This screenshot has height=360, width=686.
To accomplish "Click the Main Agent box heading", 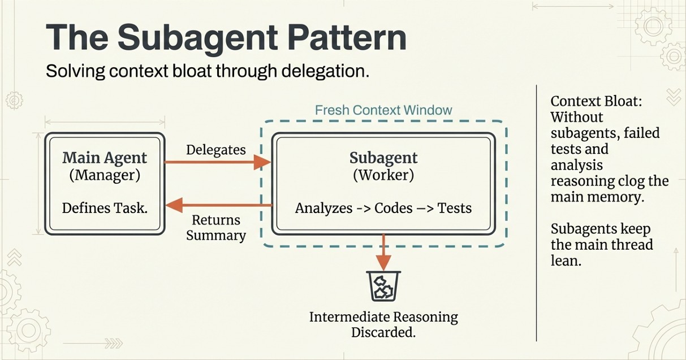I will click(105, 158).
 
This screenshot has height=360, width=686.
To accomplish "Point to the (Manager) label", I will click(105, 175).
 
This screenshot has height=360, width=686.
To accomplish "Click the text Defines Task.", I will click(105, 207).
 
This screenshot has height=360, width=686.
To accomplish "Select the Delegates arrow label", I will click(216, 150).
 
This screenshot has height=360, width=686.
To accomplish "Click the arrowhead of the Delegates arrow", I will click(262, 162).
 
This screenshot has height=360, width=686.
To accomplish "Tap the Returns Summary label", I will click(216, 228).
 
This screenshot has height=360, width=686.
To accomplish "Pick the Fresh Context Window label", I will click(383, 110).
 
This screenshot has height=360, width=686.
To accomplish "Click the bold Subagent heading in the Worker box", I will click(383, 158).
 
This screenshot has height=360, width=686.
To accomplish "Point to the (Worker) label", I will click(383, 175).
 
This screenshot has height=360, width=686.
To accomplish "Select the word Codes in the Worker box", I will click(394, 208).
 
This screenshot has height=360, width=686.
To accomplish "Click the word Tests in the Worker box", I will click(455, 208).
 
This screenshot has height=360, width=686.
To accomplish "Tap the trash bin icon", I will click(383, 285).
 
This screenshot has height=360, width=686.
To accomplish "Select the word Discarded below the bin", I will click(383, 332).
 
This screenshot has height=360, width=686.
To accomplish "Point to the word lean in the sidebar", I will click(566, 261).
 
